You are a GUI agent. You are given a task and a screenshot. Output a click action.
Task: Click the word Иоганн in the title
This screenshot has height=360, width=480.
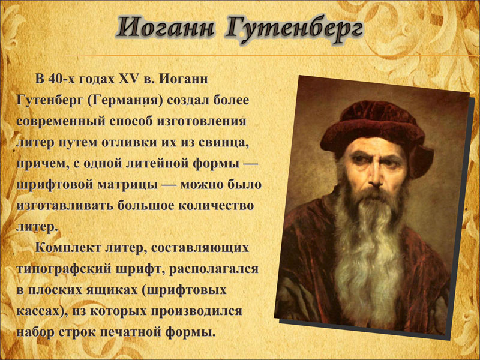(166, 28)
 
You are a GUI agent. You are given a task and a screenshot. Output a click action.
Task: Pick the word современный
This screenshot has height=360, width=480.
(60, 121)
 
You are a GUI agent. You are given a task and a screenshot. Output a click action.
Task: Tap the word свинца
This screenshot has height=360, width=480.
(224, 143)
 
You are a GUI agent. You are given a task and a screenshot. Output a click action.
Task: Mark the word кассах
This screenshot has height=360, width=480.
(41, 311)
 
